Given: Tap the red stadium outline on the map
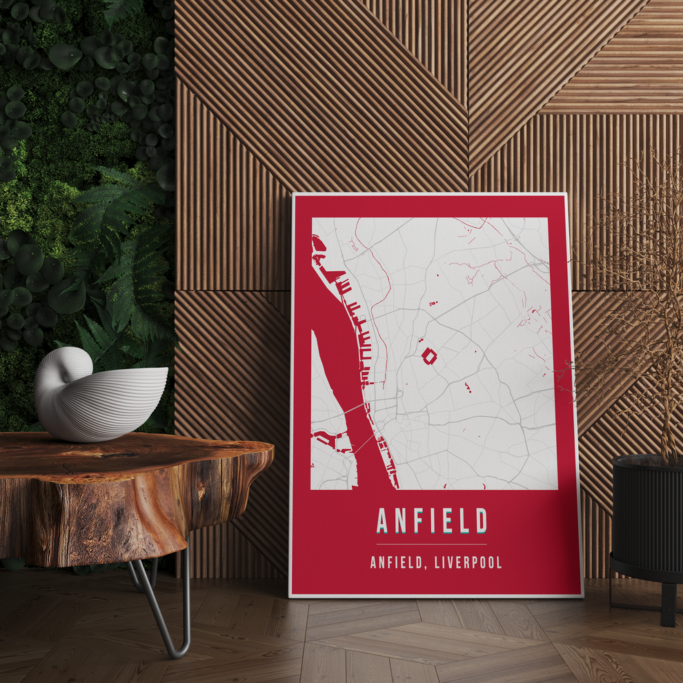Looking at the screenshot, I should (428, 356).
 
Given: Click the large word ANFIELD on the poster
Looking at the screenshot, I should (432, 521).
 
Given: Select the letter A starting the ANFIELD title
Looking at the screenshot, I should (384, 521).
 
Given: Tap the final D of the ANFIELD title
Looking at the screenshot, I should (481, 521).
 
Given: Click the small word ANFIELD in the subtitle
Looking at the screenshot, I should (394, 562).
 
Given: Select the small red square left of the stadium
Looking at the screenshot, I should (418, 340).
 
